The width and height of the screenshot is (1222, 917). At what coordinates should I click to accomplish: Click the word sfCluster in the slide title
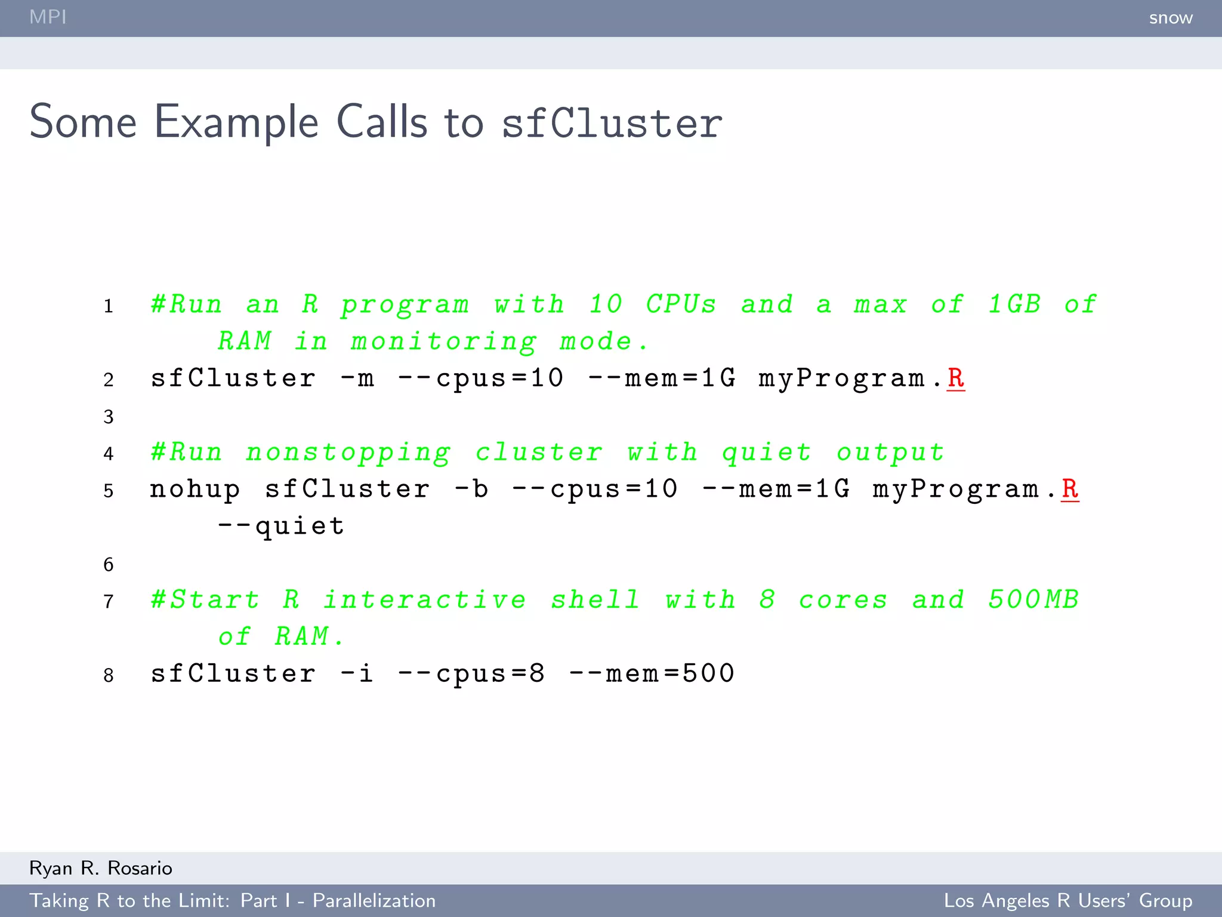tap(612, 123)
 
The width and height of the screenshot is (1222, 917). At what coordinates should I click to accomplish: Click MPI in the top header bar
tap(48, 17)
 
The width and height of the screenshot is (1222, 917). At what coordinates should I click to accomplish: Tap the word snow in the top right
tap(1170, 18)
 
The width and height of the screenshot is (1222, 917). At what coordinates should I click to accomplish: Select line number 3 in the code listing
tap(108, 416)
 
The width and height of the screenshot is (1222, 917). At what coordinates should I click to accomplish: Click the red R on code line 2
tap(955, 378)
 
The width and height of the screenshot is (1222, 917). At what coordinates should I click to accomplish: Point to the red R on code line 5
tap(1070, 489)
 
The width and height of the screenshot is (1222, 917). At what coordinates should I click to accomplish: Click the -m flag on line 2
tap(357, 379)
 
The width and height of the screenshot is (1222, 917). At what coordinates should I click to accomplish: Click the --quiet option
tap(280, 526)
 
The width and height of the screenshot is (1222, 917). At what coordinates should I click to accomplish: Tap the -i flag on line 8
tap(357, 673)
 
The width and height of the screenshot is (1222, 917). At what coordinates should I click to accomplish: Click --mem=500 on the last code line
tap(652, 673)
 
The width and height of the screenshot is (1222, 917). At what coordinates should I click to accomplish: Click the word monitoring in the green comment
tap(443, 342)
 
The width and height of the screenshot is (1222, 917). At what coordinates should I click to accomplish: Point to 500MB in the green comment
tap(1033, 600)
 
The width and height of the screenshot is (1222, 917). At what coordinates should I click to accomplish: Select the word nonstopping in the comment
tap(348, 453)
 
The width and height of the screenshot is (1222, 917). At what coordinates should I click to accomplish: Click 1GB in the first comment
tap(1014, 304)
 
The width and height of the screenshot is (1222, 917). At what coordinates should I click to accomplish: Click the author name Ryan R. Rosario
tap(101, 868)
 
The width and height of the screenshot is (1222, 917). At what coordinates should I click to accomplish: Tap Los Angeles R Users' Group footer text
tap(1067, 900)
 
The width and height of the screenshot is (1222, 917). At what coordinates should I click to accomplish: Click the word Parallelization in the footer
tap(374, 900)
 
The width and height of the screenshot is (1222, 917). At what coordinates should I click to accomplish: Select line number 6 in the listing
tap(108, 564)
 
